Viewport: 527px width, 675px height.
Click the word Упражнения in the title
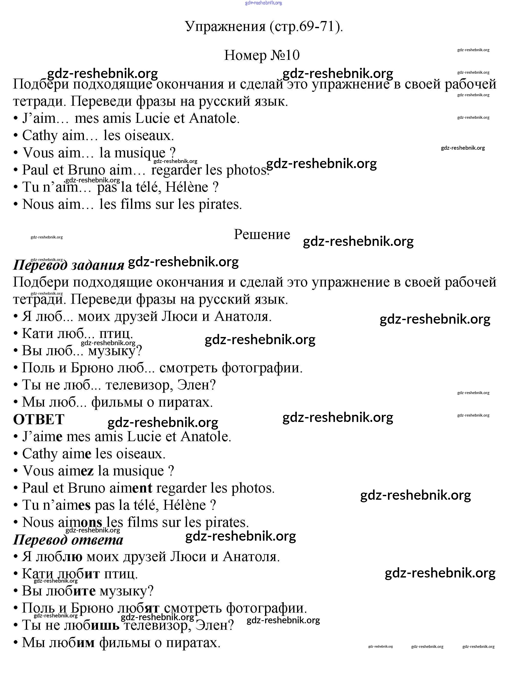pyautogui.click(x=225, y=27)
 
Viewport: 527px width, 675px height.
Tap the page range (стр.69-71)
pyautogui.click(x=306, y=27)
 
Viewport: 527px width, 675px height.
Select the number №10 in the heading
pyautogui.click(x=285, y=55)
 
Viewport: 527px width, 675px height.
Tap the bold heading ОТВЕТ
pyautogui.click(x=39, y=420)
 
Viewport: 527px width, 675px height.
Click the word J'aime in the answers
pyautogui.click(x=42, y=437)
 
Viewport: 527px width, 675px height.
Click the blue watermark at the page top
pyautogui.click(x=263, y=3)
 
